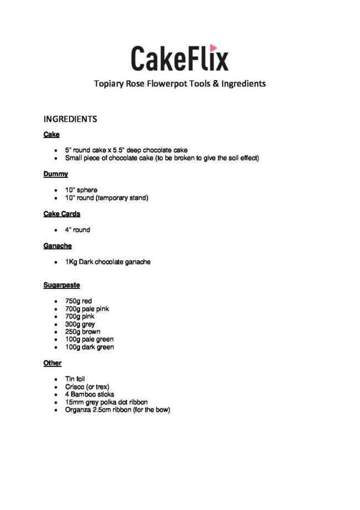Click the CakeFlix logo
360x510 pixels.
tap(179, 58)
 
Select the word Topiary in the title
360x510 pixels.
tap(108, 84)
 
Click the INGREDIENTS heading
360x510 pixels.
tap(70, 119)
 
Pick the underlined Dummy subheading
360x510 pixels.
tap(55, 174)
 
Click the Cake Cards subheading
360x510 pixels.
tap(62, 214)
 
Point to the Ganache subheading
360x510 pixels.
tap(57, 246)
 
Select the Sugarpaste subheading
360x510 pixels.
tap(62, 285)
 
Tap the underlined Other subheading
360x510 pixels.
tap(52, 363)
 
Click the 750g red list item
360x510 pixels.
tap(78, 301)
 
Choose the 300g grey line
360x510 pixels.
tap(80, 324)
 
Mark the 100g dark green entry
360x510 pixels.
tap(89, 347)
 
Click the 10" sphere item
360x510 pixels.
tap(81, 190)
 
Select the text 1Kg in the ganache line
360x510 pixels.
tap(71, 262)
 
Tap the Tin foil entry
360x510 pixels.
tap(75, 379)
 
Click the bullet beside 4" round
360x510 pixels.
tap(56, 230)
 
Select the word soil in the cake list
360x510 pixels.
tap(221, 158)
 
